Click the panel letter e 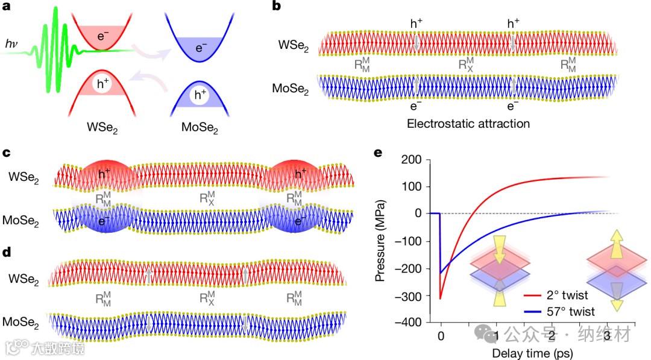tap(379, 152)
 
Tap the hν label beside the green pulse tap(11, 43)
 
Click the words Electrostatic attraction tap(468, 124)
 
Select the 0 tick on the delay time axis tap(441, 335)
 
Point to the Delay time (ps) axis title tap(532, 352)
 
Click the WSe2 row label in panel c tap(24, 177)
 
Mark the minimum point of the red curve tap(441, 298)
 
